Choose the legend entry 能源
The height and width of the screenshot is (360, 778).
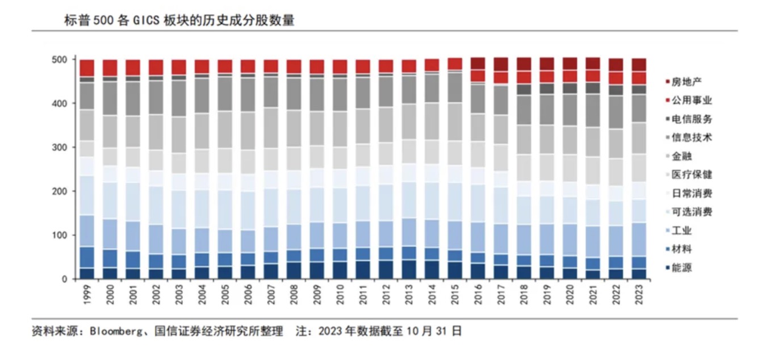tap(681, 268)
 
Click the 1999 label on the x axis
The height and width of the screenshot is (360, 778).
tap(87, 295)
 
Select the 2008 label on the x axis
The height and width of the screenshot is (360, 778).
tap(294, 295)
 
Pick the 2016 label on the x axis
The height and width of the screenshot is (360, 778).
tap(478, 295)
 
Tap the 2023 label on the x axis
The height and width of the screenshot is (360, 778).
tap(639, 295)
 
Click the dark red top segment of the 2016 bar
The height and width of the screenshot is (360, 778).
tap(478, 64)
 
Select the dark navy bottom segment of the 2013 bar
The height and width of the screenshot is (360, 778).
tap(409, 269)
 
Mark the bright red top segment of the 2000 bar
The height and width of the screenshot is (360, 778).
tap(110, 68)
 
